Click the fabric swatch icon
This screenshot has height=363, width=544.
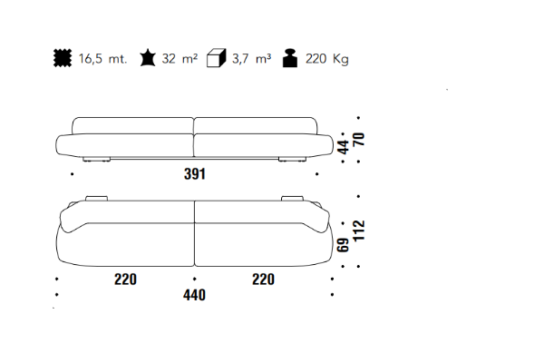pos(63,58)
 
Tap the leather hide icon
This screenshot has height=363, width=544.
pos(148,58)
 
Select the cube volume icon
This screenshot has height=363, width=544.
pos(216,58)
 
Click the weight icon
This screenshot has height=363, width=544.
pos(290,58)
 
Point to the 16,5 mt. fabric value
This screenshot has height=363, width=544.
pos(102,59)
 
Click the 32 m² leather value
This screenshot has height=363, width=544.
pos(180,58)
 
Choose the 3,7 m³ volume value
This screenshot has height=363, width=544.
pos(251,59)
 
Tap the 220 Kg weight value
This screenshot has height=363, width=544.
pos(326,59)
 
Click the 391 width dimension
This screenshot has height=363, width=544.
pos(195,174)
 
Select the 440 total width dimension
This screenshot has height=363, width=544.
pos(194,295)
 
